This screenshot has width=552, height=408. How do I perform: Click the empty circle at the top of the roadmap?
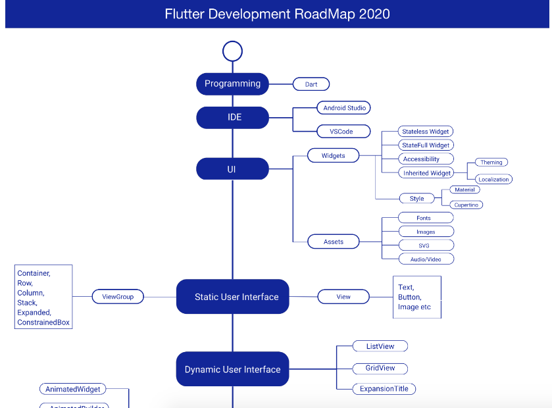tap(232, 51)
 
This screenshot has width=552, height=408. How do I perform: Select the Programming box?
tap(232, 84)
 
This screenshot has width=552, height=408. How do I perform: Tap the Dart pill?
tap(311, 84)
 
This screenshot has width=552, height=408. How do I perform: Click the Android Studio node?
tap(344, 107)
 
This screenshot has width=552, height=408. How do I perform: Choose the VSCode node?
tap(341, 132)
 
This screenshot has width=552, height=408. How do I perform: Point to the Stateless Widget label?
tap(426, 132)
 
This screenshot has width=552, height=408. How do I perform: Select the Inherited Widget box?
tap(426, 173)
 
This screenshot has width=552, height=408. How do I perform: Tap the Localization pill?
tap(493, 179)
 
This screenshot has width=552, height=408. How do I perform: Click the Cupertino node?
tap(466, 205)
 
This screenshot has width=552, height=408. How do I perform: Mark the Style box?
tap(416, 198)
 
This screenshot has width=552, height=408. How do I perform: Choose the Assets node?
tap(334, 242)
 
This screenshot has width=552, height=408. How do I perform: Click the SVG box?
tap(426, 245)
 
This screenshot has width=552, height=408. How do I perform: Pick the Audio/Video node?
tap(426, 259)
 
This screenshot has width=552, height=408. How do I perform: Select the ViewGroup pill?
tap(118, 297)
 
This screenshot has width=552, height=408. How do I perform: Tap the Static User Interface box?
tap(233, 297)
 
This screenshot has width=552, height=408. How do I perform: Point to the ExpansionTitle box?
tap(384, 389)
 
